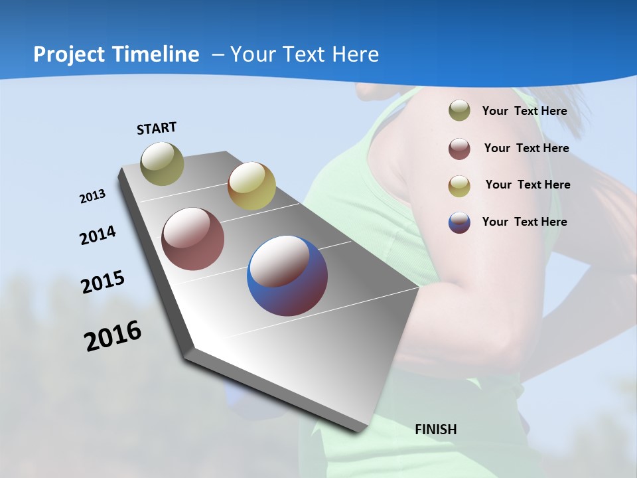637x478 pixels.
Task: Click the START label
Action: [x=157, y=128]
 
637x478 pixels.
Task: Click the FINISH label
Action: [x=435, y=430]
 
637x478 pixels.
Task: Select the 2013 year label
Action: [x=92, y=197]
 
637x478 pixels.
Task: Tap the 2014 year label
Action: [x=98, y=235]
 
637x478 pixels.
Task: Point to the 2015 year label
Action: [x=102, y=282]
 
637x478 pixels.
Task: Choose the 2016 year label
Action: [x=113, y=336]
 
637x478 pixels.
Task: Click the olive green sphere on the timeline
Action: [x=162, y=163]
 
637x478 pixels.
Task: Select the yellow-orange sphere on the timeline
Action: [x=251, y=186]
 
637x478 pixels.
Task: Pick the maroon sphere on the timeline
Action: [x=192, y=239]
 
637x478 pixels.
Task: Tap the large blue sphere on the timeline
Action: [x=287, y=276]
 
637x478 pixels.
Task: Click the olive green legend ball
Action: [x=459, y=111]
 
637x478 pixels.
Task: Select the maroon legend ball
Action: [x=459, y=149]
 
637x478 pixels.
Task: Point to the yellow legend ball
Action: [x=459, y=186]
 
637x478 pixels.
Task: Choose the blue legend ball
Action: [x=459, y=222]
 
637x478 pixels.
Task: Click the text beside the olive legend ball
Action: [x=524, y=111]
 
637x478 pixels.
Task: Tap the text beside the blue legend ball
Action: [x=524, y=222]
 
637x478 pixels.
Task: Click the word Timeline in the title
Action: [x=156, y=54]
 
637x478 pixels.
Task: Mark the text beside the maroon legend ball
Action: [x=526, y=148]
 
